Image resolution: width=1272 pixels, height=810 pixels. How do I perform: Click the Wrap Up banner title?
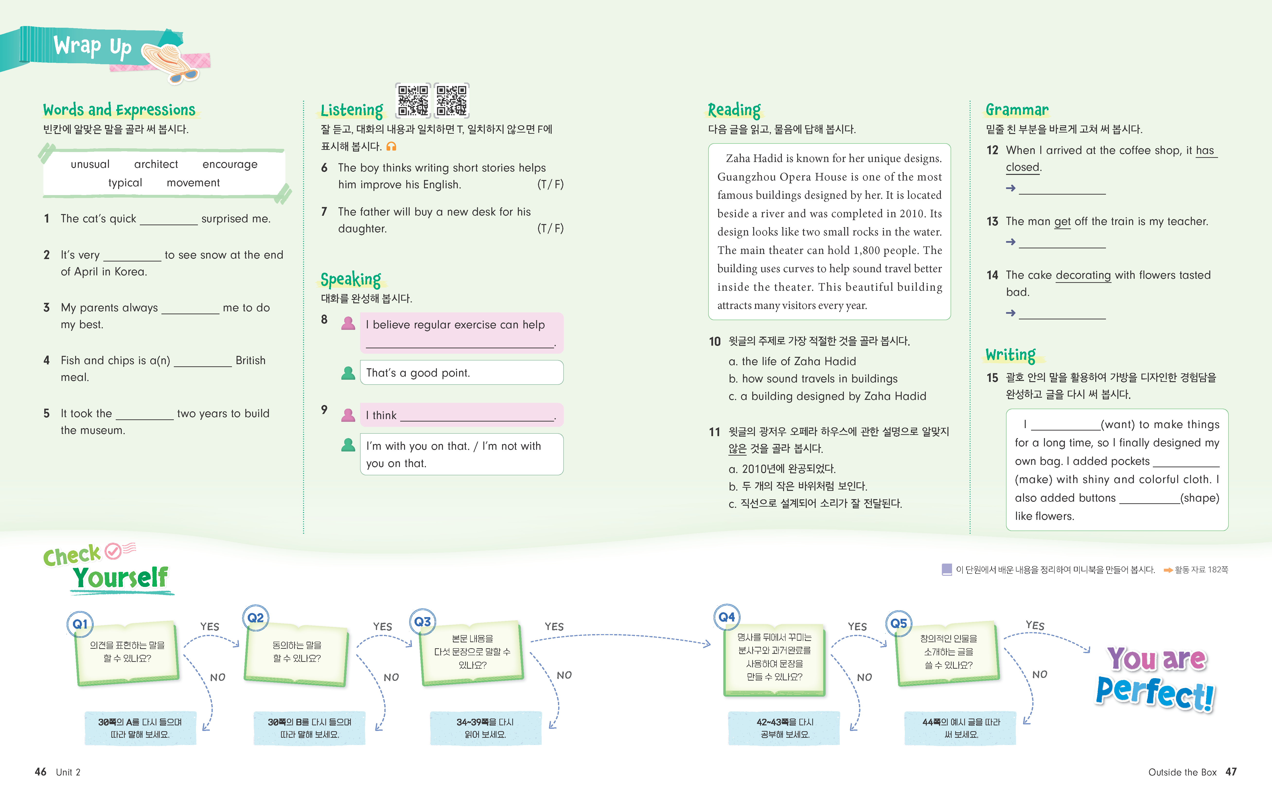click(92, 46)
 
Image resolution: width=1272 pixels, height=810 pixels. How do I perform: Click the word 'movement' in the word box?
click(193, 183)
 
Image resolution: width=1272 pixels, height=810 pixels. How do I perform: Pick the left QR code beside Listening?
click(413, 100)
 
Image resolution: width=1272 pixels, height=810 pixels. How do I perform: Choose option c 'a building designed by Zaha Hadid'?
click(827, 396)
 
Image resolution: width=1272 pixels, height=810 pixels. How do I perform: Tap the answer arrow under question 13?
click(1010, 242)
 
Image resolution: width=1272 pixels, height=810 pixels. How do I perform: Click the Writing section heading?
click(1010, 355)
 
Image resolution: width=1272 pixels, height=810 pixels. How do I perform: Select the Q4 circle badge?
click(727, 617)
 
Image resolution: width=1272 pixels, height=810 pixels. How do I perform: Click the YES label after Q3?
click(554, 627)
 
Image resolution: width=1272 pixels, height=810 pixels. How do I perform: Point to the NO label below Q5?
click(1040, 675)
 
